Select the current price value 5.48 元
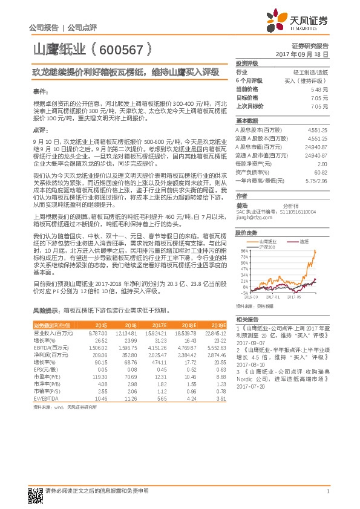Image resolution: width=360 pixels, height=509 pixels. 319,88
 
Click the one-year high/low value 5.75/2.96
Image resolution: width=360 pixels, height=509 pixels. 316,180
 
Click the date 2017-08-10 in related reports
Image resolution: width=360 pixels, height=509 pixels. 250,365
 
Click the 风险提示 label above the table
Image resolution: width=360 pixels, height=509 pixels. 44,311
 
